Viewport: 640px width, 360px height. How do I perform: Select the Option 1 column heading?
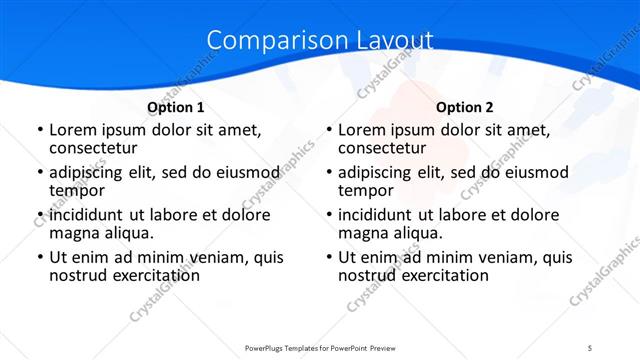pyautogui.click(x=176, y=107)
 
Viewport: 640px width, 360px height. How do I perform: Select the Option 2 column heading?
pyautogui.click(x=465, y=107)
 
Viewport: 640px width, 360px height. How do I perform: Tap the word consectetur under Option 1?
pyautogui.click(x=92, y=149)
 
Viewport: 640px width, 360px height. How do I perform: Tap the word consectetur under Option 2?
pyautogui.click(x=381, y=149)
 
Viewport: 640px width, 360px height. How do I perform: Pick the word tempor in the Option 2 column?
pyautogui.click(x=366, y=191)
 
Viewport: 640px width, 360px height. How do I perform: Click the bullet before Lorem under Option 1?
pyautogui.click(x=40, y=131)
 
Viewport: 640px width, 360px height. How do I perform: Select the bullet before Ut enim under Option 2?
pyautogui.click(x=329, y=257)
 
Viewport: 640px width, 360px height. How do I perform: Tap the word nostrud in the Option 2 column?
pyautogui.click(x=366, y=275)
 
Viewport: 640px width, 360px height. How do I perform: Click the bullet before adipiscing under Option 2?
pyautogui.click(x=329, y=173)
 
